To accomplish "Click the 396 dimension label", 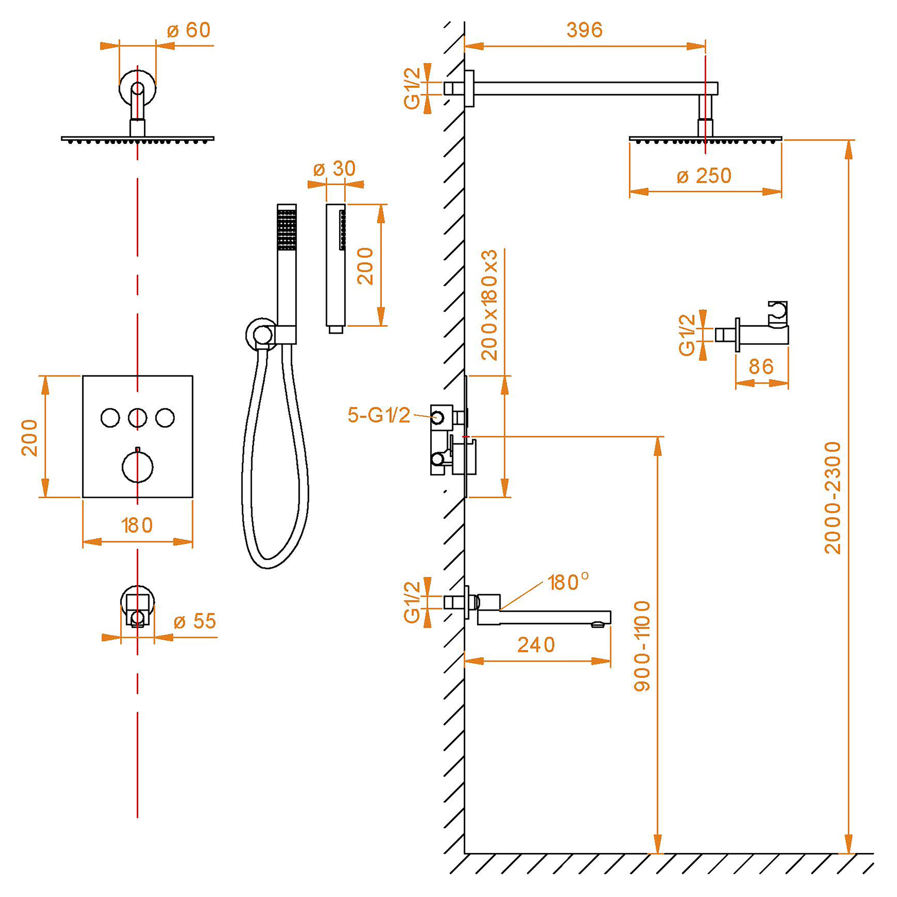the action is tap(584, 30).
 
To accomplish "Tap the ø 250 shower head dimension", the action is tap(704, 176).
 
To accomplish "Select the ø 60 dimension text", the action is tap(189, 30).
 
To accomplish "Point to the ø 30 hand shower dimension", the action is tap(334, 169).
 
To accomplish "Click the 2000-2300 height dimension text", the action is tap(832, 498).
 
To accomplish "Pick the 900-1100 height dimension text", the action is tap(642, 646).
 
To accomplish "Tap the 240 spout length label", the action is tap(536, 645).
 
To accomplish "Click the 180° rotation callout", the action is tap(568, 582).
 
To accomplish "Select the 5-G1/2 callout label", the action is tap(379, 415).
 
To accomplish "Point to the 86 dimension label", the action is tap(761, 367).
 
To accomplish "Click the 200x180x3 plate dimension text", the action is tap(489, 305).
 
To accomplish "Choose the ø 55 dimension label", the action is tap(195, 621).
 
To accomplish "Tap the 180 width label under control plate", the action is tap(137, 526).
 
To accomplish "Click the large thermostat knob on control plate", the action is tap(137, 466).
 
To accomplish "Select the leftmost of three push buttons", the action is tap(110, 418).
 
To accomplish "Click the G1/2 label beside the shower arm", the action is tap(412, 88).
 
